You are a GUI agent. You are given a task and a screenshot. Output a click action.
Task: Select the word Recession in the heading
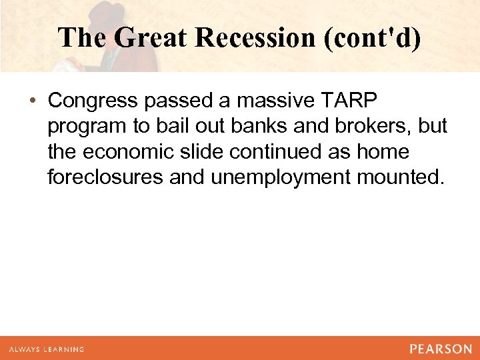pos(256,37)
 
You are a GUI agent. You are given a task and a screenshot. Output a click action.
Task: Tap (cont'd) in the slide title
pos(372,37)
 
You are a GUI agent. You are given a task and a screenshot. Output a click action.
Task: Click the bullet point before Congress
pos(33,101)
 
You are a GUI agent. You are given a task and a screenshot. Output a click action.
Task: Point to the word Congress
pos(90,101)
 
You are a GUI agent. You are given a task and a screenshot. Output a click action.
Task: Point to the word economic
pos(132,152)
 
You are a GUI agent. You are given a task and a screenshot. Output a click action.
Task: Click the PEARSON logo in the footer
pos(441,349)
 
